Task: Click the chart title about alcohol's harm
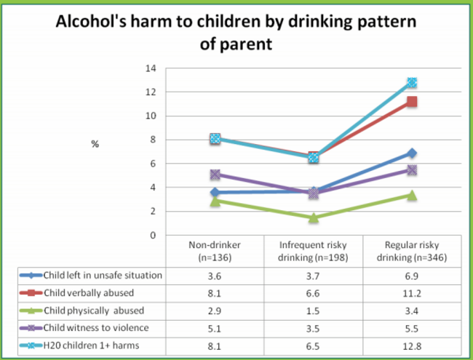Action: click(236, 32)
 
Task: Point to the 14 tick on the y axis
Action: click(151, 68)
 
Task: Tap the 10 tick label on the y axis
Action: click(151, 116)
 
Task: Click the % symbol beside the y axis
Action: click(95, 144)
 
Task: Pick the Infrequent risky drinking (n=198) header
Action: click(313, 251)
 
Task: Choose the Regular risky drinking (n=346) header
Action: click(412, 251)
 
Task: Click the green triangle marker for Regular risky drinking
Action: click(412, 195)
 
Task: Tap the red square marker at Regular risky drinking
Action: click(412, 102)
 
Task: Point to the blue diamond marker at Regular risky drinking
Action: click(412, 153)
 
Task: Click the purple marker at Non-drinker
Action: click(215, 175)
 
